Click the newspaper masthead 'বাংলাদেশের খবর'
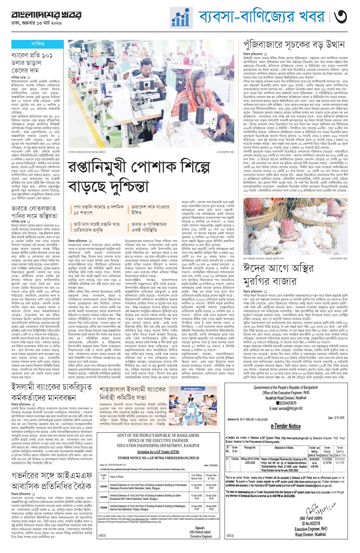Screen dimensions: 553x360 46,15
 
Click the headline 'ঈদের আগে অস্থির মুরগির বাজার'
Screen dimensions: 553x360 274,276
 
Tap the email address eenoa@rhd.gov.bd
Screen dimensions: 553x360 286,408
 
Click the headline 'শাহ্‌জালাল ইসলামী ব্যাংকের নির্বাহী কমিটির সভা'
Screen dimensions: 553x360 133,394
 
